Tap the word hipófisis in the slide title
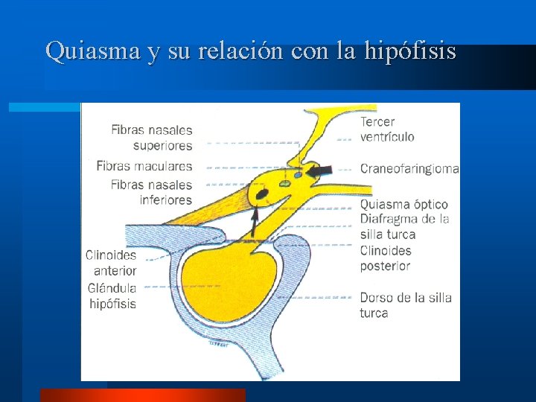411,51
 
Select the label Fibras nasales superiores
152,138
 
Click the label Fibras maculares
144,166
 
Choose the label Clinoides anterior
111,262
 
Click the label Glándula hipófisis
112,296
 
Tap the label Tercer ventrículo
387,129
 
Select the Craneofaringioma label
409,169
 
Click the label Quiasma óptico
404,204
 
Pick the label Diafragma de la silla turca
405,226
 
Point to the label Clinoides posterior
386,258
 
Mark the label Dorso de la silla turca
406,305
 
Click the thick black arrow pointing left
318,170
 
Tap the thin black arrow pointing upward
255,221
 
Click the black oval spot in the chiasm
262,195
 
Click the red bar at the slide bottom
142,395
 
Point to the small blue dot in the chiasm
299,176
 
